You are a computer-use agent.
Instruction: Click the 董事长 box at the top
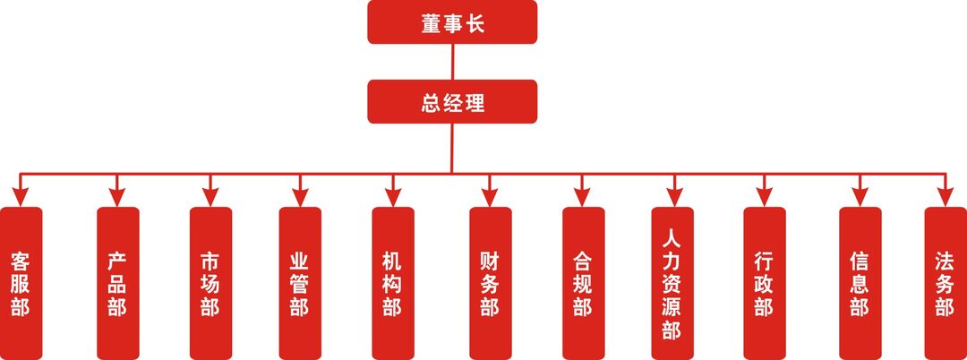click(x=452, y=21)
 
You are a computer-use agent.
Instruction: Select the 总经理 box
click(x=452, y=101)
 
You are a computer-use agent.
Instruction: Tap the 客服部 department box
click(x=21, y=283)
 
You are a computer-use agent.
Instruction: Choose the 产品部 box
click(x=117, y=283)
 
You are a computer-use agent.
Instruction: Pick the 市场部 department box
click(x=210, y=283)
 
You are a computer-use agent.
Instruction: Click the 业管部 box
click(x=300, y=283)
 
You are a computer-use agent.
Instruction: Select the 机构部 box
click(x=393, y=283)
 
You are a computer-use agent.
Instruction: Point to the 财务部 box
click(x=490, y=283)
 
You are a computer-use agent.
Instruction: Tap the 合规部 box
click(x=583, y=283)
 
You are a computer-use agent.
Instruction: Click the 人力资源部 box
click(x=672, y=283)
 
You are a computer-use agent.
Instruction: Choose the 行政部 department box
click(x=764, y=283)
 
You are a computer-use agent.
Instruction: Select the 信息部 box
click(x=860, y=283)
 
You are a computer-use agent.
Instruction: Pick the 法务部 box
click(x=946, y=283)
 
